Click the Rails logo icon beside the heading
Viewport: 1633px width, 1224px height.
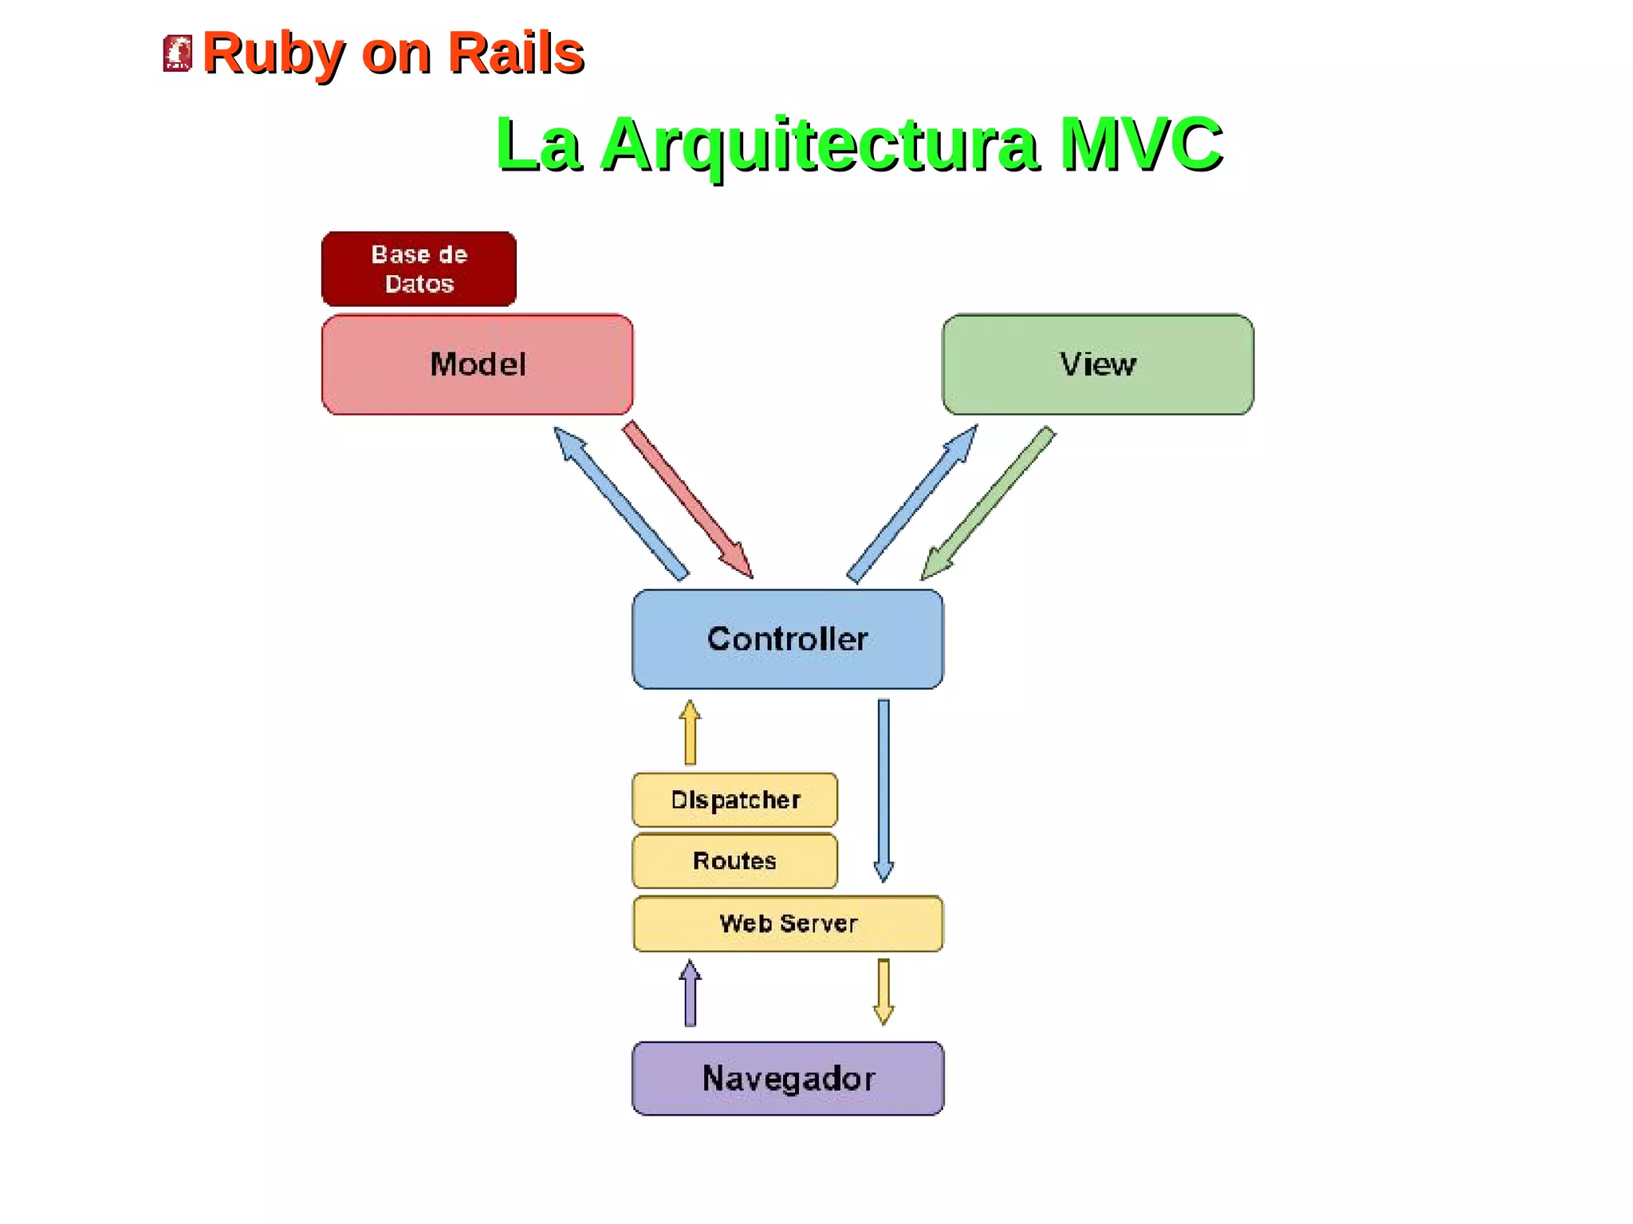(x=177, y=53)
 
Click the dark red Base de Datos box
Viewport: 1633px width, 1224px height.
(x=419, y=270)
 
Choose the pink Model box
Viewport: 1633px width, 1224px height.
(x=477, y=364)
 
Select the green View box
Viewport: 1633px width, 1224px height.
(x=1097, y=364)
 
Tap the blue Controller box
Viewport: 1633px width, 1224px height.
(x=787, y=639)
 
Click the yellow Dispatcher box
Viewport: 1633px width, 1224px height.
(x=734, y=800)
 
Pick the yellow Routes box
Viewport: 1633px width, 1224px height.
(x=734, y=861)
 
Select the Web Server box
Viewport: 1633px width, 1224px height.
(x=787, y=923)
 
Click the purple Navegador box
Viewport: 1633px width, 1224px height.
(x=787, y=1078)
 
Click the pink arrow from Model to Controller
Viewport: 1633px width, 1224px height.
(x=687, y=500)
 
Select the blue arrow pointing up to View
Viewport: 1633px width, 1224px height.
(x=912, y=504)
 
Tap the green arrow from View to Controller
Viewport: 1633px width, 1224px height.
(x=988, y=503)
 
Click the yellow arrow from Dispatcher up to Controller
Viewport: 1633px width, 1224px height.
(x=691, y=734)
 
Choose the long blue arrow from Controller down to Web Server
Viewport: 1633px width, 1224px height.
(x=883, y=789)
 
